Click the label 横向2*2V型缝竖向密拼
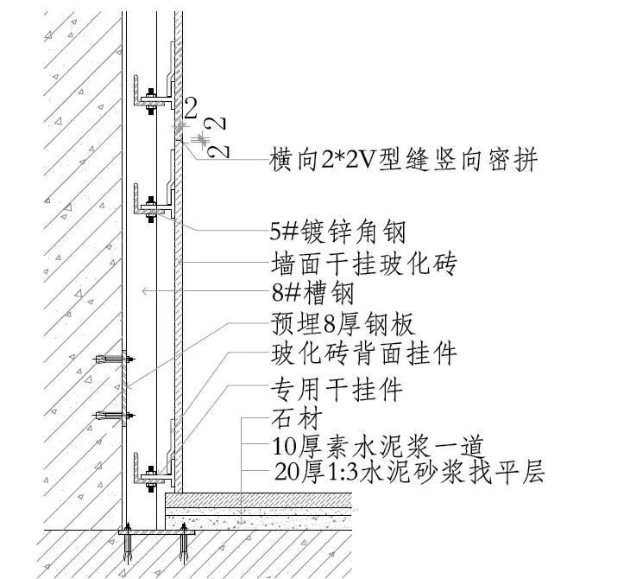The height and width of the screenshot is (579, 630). click(x=403, y=161)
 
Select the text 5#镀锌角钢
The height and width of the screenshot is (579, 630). click(x=337, y=231)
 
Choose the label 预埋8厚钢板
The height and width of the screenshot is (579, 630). click(x=343, y=323)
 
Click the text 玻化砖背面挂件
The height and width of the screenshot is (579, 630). click(x=363, y=353)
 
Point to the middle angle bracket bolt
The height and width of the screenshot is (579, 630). click(x=151, y=205)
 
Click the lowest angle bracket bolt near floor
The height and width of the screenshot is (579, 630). click(x=151, y=474)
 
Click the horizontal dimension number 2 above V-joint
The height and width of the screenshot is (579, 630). click(x=191, y=108)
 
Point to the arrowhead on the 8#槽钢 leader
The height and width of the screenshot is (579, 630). click(x=145, y=293)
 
